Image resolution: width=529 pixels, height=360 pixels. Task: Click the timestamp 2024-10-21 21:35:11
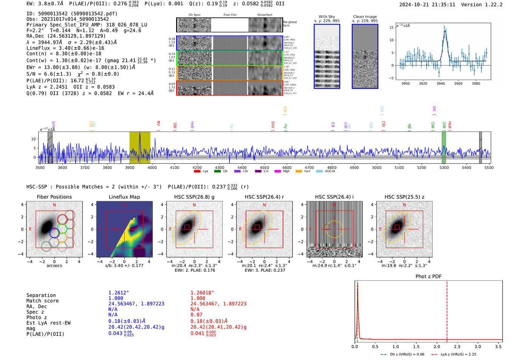pyautogui.click(x=427, y=5)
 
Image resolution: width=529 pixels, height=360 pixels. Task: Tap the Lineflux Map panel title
pyautogui.click(x=124, y=197)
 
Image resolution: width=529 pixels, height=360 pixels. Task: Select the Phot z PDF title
pyautogui.click(x=428, y=276)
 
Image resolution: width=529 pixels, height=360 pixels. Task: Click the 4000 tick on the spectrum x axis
pyautogui.click(x=152, y=167)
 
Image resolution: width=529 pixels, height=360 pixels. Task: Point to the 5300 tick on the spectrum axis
pyautogui.click(x=444, y=167)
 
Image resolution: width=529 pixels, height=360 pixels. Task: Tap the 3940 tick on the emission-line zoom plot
pyautogui.click(x=441, y=83)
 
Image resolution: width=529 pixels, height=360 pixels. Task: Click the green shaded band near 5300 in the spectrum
pyautogui.click(x=444, y=147)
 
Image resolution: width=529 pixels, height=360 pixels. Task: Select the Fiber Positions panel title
pyautogui.click(x=54, y=197)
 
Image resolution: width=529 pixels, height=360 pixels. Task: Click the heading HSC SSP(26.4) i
pyautogui.click(x=334, y=197)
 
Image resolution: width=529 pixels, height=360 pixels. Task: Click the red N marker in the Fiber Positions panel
pyautogui.click(x=54, y=205)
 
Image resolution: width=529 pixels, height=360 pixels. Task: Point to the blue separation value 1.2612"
pyautogui.click(x=118, y=293)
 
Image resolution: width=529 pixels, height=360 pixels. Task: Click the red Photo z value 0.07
pyautogui.click(x=196, y=315)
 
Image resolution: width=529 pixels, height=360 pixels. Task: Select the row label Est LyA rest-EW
pyautogui.click(x=48, y=323)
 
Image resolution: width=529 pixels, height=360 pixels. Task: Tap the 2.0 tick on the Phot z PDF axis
pyautogui.click(x=436, y=346)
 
